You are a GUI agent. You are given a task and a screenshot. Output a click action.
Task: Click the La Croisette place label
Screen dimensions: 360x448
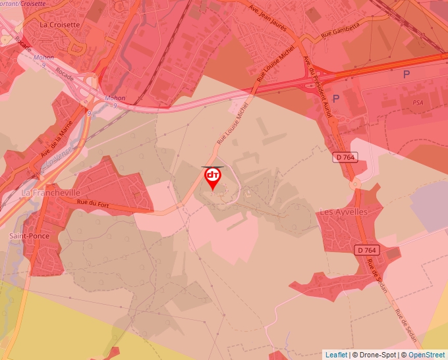[x=60, y=24]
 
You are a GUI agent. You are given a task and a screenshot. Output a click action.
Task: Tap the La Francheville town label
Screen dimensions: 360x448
[x=45, y=193]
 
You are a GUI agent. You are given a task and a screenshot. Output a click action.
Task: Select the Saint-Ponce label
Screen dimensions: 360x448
[x=29, y=236]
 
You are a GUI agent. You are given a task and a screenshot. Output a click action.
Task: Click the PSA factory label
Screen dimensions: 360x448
[x=418, y=103]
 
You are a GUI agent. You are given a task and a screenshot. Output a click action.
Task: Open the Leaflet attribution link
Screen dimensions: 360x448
[x=336, y=355]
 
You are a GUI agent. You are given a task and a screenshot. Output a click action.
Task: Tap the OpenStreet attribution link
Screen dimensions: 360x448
[x=427, y=355]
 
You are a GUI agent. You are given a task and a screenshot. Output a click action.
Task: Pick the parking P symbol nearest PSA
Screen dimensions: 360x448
[x=406, y=74]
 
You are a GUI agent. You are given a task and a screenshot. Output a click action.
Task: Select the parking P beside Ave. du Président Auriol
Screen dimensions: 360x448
[x=336, y=99]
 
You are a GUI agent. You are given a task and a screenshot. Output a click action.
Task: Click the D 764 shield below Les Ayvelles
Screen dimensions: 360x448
[x=367, y=250]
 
